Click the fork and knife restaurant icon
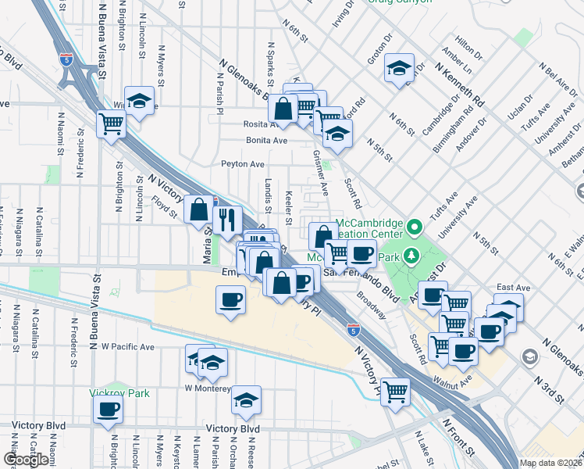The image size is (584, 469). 227,220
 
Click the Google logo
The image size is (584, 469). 26,460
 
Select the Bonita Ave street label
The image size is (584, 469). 266,141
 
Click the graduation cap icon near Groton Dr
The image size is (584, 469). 398,68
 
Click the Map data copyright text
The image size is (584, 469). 550,463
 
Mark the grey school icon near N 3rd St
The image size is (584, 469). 530,357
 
